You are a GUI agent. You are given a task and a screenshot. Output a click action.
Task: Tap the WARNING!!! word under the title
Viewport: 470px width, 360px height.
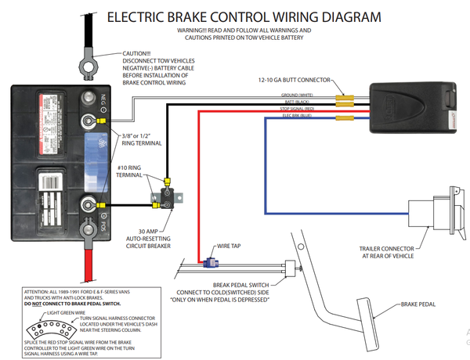pyautogui.click(x=196, y=30)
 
